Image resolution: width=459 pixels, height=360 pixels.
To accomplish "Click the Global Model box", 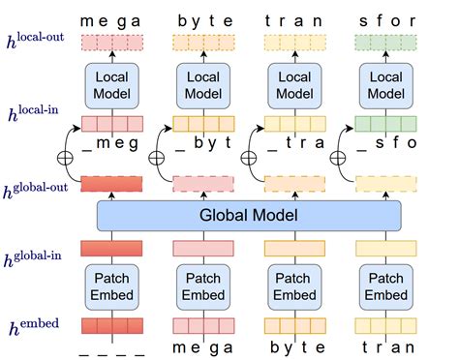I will click(x=248, y=216).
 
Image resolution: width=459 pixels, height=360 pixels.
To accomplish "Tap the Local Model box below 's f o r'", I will click(x=386, y=84).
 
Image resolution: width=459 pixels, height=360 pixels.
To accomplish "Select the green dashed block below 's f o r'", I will click(x=386, y=43).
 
